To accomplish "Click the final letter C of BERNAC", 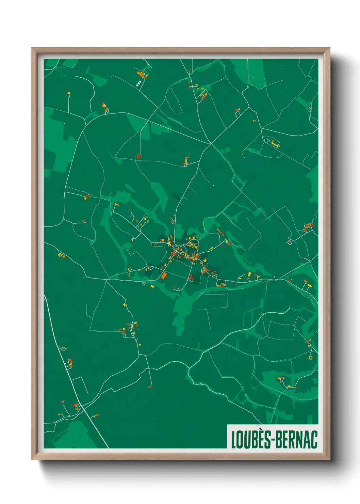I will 314,440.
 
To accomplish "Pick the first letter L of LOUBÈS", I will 234,440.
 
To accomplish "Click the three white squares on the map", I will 138,83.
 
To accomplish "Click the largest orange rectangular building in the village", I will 164,275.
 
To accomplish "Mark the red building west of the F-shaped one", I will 138,156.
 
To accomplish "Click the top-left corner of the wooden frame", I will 32,48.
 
